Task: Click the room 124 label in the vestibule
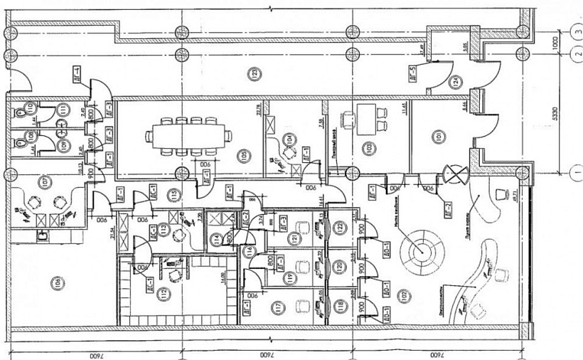point(454,82)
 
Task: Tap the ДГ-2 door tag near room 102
point(448,209)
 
